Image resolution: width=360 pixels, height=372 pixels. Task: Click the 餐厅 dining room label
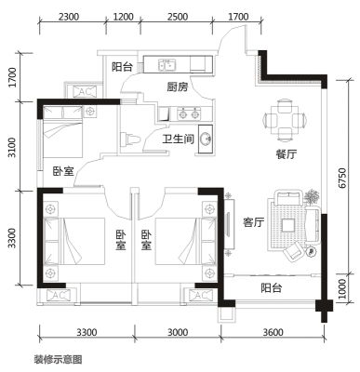(287, 154)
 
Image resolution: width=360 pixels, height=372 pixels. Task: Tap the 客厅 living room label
(254, 222)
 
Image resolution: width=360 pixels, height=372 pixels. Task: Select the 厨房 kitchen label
(178, 87)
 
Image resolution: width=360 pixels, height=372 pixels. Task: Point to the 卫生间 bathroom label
(179, 139)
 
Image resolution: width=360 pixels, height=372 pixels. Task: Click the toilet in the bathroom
(130, 139)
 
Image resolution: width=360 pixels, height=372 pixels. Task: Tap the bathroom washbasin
(206, 139)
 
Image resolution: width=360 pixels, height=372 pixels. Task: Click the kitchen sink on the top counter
(167, 64)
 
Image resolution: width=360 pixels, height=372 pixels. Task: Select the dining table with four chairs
(285, 119)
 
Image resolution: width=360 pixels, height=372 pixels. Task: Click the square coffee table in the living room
(288, 225)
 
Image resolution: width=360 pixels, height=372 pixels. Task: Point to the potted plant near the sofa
(313, 196)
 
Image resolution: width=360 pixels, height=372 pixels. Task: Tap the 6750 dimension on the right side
(342, 178)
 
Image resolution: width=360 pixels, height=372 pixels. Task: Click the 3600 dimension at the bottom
(273, 332)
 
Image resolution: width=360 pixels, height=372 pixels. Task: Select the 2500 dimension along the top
(178, 17)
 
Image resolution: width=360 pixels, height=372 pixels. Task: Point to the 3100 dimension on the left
(12, 147)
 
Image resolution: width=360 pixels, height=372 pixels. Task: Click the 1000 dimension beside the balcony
(341, 288)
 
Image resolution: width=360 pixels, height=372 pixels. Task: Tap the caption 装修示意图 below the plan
(58, 359)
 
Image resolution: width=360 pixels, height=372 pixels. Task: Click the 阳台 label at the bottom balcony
(271, 288)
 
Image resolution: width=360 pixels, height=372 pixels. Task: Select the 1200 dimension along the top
(123, 17)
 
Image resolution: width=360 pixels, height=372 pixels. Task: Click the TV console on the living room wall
(229, 224)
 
